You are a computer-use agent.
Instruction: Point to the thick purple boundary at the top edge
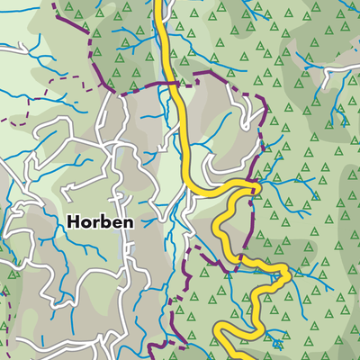point(56,4)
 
